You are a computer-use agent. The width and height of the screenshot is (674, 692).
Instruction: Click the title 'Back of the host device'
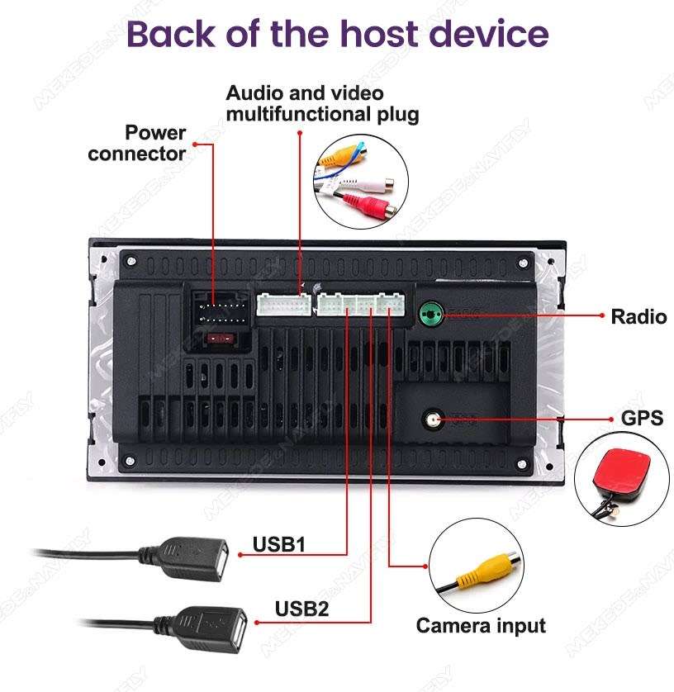pyautogui.click(x=337, y=34)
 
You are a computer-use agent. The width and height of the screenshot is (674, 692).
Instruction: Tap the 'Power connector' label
pyautogui.click(x=137, y=143)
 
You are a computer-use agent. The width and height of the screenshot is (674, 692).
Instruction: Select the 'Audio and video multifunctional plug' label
pyautogui.click(x=322, y=103)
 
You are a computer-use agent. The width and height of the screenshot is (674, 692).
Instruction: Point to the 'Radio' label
pyautogui.click(x=638, y=316)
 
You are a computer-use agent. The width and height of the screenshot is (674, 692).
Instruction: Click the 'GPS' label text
pyautogui.click(x=642, y=419)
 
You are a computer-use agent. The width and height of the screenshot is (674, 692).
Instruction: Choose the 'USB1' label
pyautogui.click(x=279, y=544)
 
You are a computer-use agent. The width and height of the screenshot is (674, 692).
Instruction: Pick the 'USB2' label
pyautogui.click(x=302, y=609)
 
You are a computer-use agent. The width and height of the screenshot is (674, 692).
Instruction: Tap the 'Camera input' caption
pyautogui.click(x=480, y=625)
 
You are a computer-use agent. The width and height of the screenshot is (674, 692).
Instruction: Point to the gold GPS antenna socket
pyautogui.click(x=433, y=419)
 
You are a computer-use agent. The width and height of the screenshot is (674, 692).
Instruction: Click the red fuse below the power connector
pyautogui.click(x=219, y=338)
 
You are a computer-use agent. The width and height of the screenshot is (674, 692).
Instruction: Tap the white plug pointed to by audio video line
pyautogui.click(x=283, y=305)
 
